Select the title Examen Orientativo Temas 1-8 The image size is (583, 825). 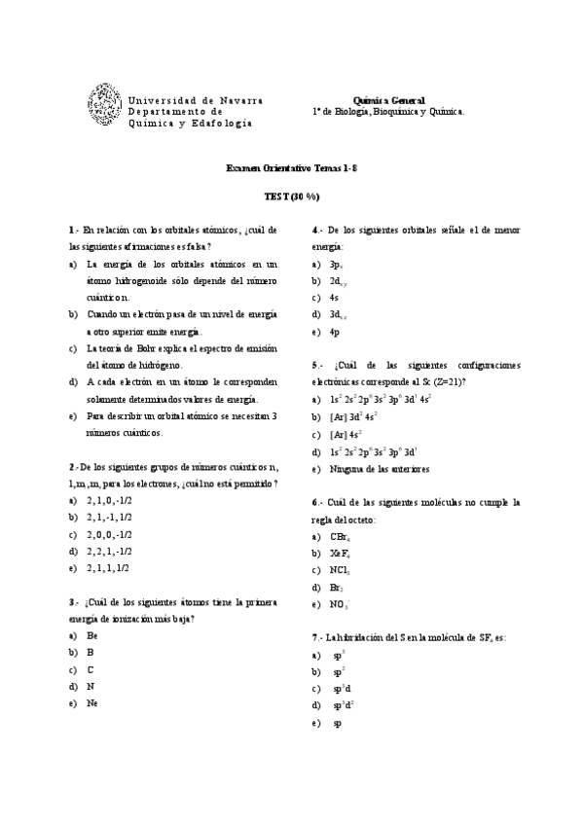[292, 168]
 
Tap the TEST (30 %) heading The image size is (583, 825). [292, 197]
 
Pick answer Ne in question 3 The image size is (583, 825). [91, 702]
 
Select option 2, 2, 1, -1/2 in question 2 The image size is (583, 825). [109, 551]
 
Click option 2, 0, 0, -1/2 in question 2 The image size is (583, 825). [109, 534]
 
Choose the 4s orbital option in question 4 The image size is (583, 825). [334, 298]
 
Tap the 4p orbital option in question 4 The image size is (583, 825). [334, 332]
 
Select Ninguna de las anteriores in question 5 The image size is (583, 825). [379, 469]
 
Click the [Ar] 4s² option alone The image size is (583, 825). [346, 434]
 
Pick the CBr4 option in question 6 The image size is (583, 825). [340, 537]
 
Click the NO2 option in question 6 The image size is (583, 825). [339, 605]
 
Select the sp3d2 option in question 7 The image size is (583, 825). [343, 705]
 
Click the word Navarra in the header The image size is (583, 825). [240, 100]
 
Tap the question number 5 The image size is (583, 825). [315, 365]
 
